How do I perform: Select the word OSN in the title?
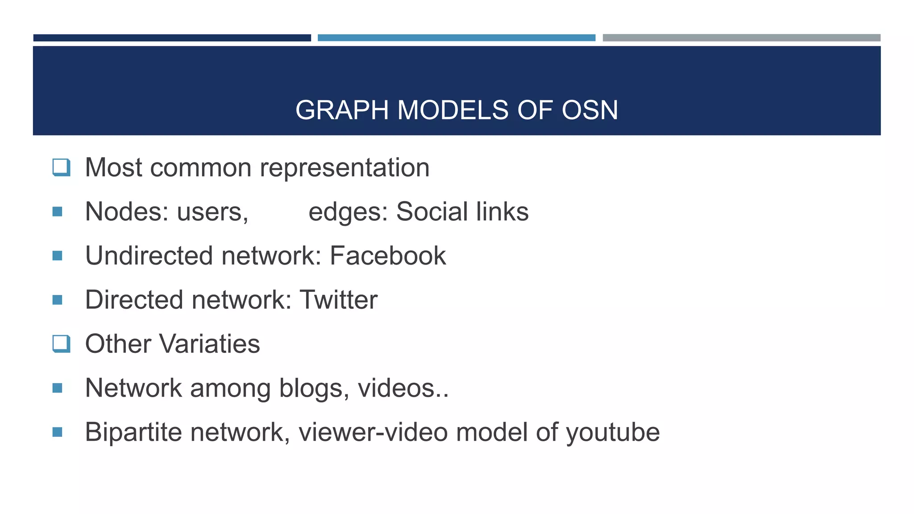590,110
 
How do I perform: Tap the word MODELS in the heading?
453,110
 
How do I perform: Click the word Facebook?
388,256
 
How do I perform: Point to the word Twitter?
338,300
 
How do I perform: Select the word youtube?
613,432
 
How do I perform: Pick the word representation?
345,168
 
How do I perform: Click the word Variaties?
209,344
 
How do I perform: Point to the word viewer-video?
373,432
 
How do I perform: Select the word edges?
348,212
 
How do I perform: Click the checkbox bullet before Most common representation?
61,168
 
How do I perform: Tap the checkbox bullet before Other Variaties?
61,344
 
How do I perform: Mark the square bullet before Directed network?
57,300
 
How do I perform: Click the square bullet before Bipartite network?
57,432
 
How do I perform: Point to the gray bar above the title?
741,38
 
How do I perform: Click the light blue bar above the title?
456,38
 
